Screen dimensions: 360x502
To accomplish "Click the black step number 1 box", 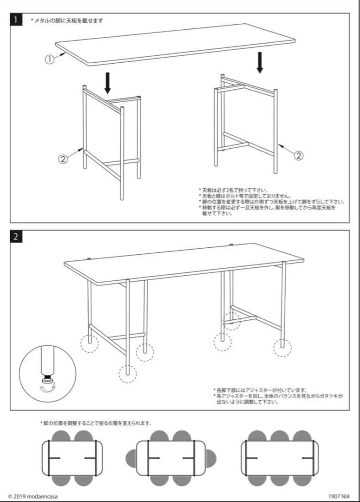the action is tap(16, 20).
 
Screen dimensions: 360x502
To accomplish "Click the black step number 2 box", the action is tap(16, 237).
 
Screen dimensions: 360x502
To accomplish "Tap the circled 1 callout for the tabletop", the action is tap(49, 59).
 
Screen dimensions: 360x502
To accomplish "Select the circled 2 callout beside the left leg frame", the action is tap(63, 159).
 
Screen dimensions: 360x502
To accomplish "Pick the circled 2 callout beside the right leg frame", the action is tap(299, 156).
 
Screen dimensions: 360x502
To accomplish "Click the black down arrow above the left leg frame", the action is tap(108, 83).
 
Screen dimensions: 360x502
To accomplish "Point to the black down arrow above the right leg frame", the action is tap(260, 62).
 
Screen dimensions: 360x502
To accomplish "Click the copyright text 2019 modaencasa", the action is tap(33, 496).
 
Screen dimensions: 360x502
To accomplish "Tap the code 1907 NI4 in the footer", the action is tap(339, 496).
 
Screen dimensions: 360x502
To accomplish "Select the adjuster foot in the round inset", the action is tap(48, 379).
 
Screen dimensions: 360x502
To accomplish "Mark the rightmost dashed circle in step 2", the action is tap(282, 348).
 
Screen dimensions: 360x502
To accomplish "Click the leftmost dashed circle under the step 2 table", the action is tap(90, 343).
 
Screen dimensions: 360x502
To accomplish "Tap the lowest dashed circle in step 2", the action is tap(128, 374).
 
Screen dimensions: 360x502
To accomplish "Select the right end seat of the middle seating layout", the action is tap(211, 458).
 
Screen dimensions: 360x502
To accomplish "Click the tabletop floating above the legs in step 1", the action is tap(176, 45).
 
